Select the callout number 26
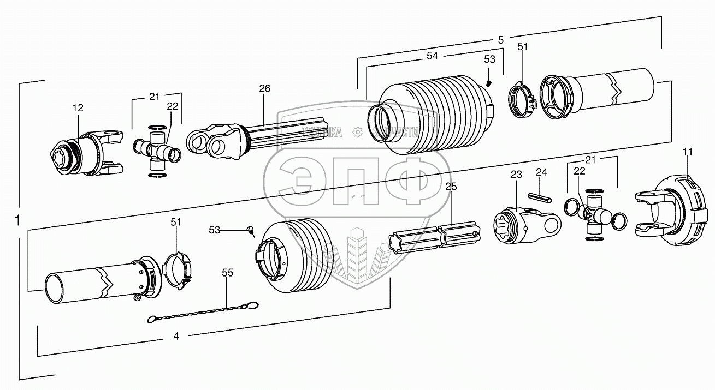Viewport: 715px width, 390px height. [264, 88]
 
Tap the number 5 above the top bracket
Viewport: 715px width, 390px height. [500, 39]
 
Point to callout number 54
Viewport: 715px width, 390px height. [432, 56]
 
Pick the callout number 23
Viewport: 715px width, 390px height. [516, 175]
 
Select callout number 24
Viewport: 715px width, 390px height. [541, 172]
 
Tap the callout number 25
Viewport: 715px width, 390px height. [451, 187]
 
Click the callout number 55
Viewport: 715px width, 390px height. [227, 273]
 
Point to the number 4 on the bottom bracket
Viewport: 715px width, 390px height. [176, 337]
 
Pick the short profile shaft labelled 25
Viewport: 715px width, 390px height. [435, 238]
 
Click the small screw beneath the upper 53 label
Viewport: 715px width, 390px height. [489, 83]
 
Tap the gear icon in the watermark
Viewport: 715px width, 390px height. [357, 131]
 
